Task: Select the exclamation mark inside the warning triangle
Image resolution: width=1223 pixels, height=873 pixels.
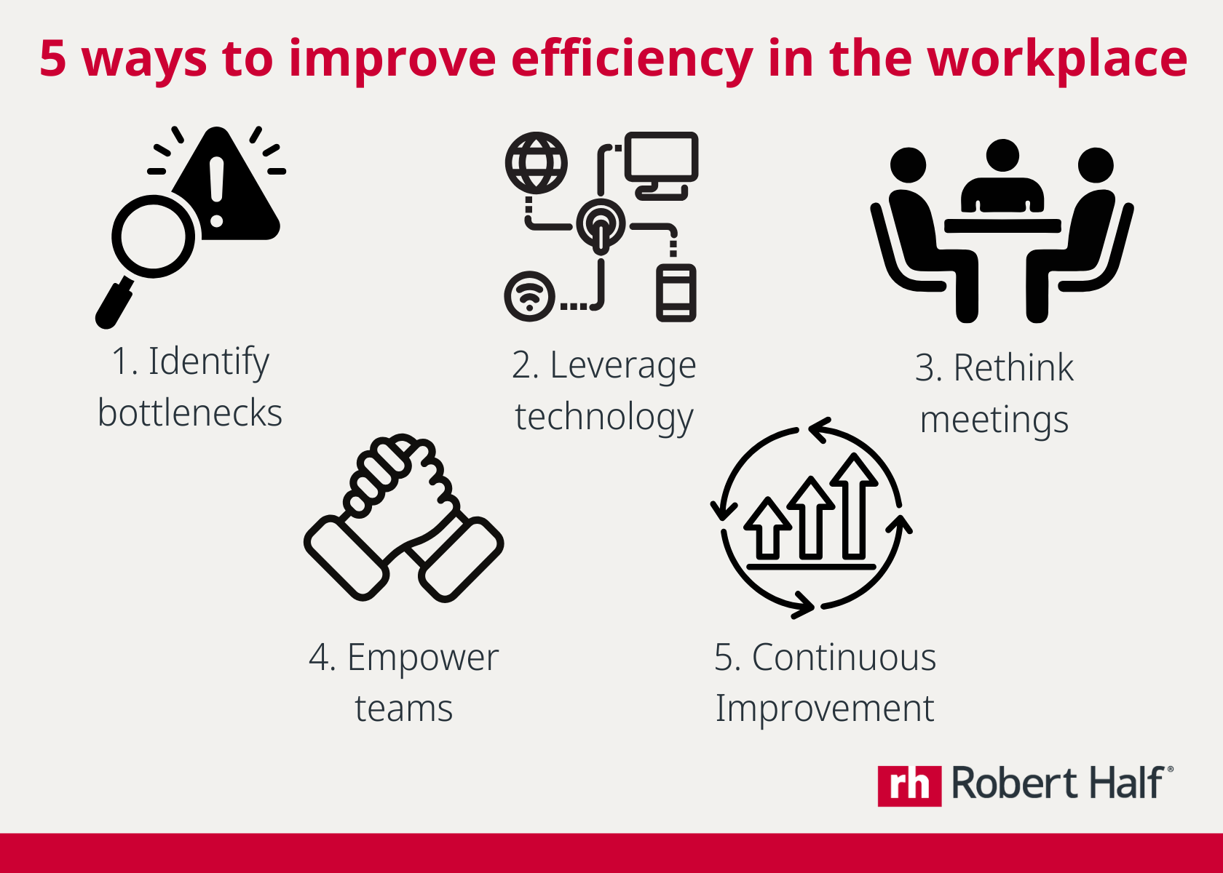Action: pyautogui.click(x=217, y=191)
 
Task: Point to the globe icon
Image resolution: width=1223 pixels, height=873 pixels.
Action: pyautogui.click(x=536, y=163)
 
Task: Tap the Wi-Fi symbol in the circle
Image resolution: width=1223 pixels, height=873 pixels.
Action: pyautogui.click(x=529, y=296)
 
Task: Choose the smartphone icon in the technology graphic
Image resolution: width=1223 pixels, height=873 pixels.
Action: pyautogui.click(x=676, y=293)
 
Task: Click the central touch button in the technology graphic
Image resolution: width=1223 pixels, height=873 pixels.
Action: pyautogui.click(x=601, y=226)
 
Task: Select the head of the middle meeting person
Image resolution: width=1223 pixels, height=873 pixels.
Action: pyautogui.click(x=1002, y=155)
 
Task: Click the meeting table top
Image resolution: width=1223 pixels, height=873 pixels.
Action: pyautogui.click(x=1002, y=226)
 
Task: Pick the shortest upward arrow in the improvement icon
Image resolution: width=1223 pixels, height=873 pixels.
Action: pyautogui.click(x=768, y=528)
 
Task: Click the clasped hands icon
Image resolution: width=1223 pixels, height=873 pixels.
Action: pyautogui.click(x=403, y=518)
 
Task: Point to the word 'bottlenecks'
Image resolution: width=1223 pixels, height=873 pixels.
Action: pyautogui.click(x=190, y=412)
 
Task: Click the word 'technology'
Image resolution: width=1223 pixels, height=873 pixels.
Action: pyautogui.click(x=604, y=418)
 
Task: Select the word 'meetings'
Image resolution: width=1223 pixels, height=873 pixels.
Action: pyautogui.click(x=994, y=420)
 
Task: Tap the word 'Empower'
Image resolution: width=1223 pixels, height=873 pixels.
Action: pyautogui.click(x=422, y=658)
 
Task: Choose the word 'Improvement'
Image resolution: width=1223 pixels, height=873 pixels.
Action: pyautogui.click(x=825, y=709)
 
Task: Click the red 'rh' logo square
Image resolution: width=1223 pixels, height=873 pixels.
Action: pyautogui.click(x=910, y=786)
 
